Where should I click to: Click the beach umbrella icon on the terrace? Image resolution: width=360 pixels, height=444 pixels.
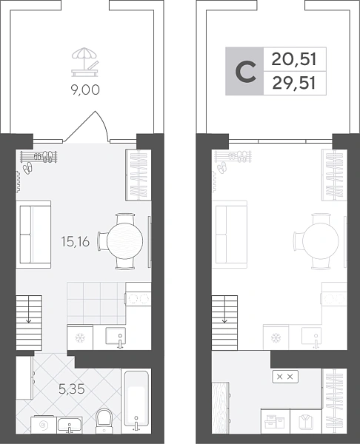click(85, 63)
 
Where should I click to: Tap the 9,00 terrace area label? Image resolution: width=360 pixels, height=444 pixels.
click(85, 90)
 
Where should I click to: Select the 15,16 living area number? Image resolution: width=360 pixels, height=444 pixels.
click(76, 242)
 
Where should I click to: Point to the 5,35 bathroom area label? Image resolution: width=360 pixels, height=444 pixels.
click(72, 389)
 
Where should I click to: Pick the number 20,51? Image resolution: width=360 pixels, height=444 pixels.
click(293, 59)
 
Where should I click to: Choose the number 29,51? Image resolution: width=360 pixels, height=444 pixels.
click(293, 84)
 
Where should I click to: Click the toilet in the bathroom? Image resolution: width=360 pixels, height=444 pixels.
click(104, 420)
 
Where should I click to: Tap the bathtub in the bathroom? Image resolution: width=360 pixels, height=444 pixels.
click(136, 401)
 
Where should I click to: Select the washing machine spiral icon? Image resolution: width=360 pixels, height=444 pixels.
click(44, 425)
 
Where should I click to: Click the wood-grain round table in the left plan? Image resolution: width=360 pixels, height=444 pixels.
click(124, 241)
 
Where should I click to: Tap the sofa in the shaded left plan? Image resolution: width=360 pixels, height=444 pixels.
click(33, 235)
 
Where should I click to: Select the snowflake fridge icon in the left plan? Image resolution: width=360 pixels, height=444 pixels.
click(80, 337)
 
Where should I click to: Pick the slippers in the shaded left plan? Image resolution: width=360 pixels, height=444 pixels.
click(27, 168)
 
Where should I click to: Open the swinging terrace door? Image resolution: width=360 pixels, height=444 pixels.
click(86, 126)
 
